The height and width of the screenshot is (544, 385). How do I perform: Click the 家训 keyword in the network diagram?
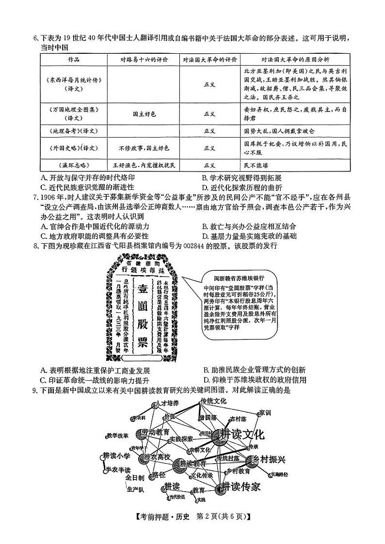point(265,413)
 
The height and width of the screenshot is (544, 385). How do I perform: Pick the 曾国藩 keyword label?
point(208,417)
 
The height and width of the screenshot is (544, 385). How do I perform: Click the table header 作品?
point(73,60)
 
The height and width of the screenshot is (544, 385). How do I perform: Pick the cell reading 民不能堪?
point(256,165)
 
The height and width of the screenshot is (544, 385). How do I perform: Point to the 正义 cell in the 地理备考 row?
point(209,131)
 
